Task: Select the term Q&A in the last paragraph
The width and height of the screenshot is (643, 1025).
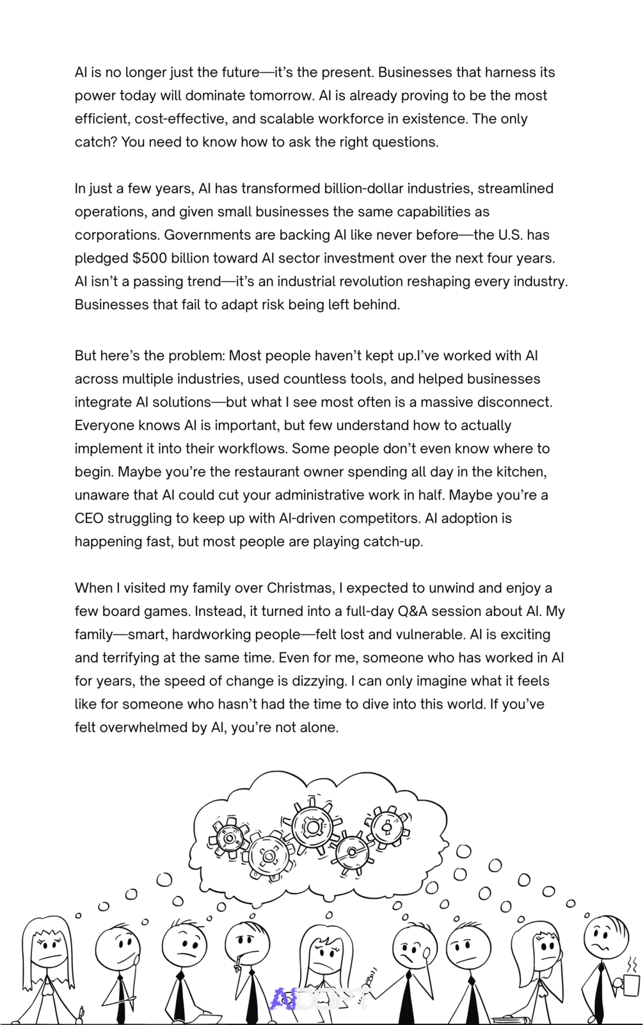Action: (412, 611)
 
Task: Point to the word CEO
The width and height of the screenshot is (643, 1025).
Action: (88, 518)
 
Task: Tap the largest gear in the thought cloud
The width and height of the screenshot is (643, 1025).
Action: (313, 827)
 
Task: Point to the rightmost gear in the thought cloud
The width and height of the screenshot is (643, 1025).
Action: (386, 828)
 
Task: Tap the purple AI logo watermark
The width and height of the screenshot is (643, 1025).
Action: (283, 998)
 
